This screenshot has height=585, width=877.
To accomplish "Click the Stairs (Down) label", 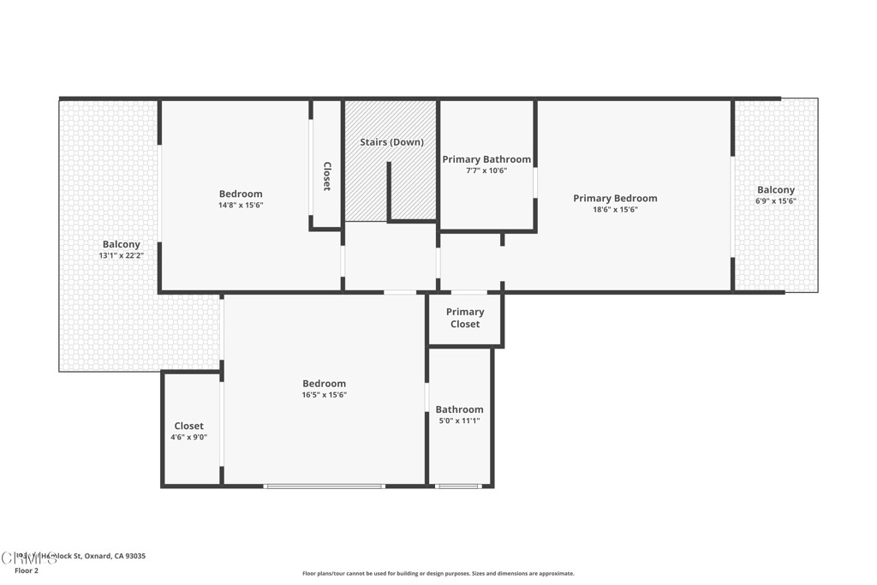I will (x=391, y=142).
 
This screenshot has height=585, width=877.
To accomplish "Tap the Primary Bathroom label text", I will (x=486, y=159).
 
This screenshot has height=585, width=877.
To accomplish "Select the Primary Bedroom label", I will (x=615, y=199).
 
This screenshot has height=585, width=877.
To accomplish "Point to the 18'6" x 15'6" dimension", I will (x=615, y=210).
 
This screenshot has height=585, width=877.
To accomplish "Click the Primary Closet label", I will (x=465, y=318).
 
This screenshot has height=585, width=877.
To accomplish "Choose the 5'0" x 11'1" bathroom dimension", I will (x=459, y=421).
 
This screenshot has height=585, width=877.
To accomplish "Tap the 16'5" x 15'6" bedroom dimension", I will (x=324, y=395).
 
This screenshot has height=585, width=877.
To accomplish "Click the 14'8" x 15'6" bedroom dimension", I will (x=241, y=206).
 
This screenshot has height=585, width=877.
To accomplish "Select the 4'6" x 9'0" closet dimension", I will (x=188, y=437).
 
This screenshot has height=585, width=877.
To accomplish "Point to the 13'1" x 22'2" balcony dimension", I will (x=121, y=255).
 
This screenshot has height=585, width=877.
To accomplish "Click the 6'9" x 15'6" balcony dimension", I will (x=775, y=201).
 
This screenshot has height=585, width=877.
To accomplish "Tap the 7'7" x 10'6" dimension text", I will (x=486, y=170).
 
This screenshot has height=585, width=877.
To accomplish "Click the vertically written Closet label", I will (x=326, y=176).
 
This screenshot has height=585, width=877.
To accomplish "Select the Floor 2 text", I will (x=27, y=570).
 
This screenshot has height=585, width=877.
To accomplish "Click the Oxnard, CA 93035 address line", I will (x=81, y=556).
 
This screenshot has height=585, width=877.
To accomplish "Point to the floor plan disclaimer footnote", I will (x=438, y=574).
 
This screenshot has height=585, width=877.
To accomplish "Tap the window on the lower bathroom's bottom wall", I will (x=458, y=487).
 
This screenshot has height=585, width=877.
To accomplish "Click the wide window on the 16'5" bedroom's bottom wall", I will (x=324, y=487).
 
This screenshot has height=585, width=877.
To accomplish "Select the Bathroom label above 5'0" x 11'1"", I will (x=459, y=409).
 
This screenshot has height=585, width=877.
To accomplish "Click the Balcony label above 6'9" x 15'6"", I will (x=775, y=190).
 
